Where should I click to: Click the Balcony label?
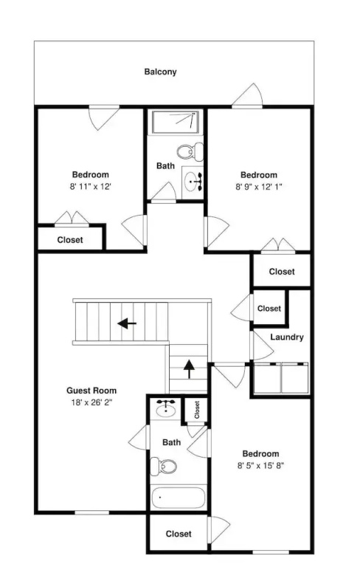click(x=160, y=72)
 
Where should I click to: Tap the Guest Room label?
click(x=91, y=391)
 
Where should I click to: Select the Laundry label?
click(x=287, y=337)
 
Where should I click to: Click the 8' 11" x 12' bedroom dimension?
click(x=90, y=187)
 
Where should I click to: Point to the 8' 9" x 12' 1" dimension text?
click(x=259, y=187)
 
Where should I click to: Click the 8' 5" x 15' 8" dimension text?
click(x=260, y=465)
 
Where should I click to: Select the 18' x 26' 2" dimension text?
click(x=91, y=402)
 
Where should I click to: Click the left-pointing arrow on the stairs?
click(x=127, y=323)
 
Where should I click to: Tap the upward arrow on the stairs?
click(x=189, y=369)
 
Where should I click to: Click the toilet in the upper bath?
click(x=190, y=151)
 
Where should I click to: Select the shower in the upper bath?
click(x=176, y=122)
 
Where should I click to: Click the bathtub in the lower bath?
click(x=179, y=498)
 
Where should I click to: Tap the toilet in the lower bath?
click(x=163, y=467)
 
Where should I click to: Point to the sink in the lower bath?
click(x=166, y=409)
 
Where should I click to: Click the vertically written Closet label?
click(x=197, y=410)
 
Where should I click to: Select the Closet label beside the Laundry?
click(x=269, y=309)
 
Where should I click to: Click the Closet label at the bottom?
click(x=179, y=534)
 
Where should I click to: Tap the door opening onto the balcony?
click(x=247, y=96)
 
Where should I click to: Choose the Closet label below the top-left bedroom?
click(x=70, y=240)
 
